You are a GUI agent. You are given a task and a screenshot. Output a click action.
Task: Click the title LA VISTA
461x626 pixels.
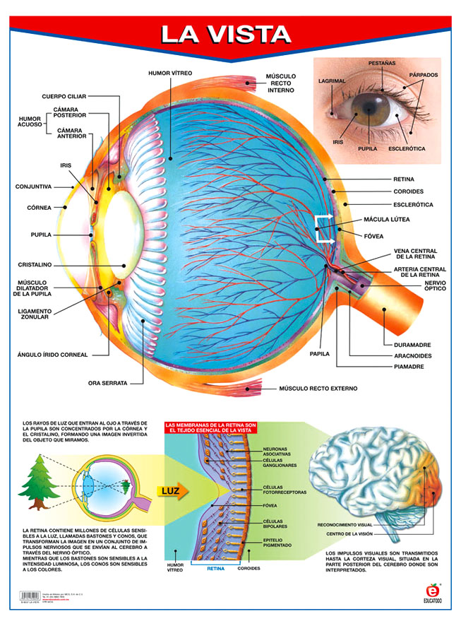point(225,35)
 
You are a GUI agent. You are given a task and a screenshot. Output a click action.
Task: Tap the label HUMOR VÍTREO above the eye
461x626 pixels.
point(170,73)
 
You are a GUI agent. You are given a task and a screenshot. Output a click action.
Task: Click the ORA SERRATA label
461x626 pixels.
point(107,383)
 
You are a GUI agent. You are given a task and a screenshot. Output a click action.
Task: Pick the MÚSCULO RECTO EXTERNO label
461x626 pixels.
point(318,389)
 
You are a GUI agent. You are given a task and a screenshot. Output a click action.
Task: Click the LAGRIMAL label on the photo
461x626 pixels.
point(331,81)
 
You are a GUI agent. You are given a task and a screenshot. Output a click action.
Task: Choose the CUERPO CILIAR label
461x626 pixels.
point(65,95)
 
